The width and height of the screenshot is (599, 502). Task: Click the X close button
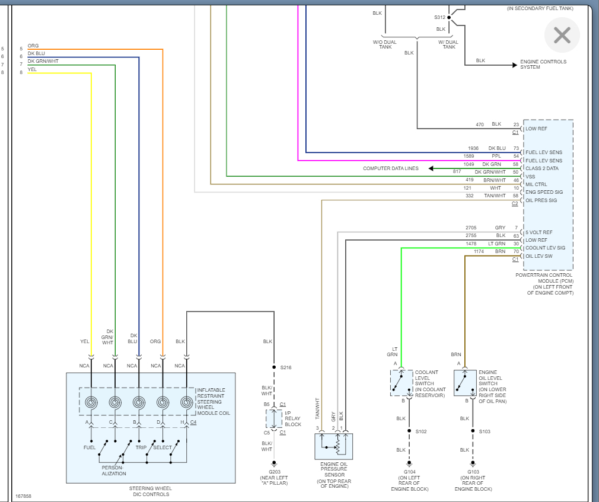point(562,35)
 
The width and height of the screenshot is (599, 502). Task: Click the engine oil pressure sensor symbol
point(333,446)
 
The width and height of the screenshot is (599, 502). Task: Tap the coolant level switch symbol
point(402,383)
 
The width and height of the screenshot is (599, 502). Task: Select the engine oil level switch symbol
point(465,383)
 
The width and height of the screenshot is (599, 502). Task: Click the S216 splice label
point(286,367)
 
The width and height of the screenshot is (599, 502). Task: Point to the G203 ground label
point(274,472)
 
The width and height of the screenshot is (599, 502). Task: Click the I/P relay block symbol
point(274,418)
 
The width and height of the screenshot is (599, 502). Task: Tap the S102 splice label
point(421,431)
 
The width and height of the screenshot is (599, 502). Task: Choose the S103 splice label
point(485,431)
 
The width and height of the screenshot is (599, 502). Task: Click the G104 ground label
point(410,472)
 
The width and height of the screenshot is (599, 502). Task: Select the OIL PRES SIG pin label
point(541,200)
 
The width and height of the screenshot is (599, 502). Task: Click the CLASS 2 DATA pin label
point(541,168)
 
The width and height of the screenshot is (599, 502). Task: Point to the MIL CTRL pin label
point(536,184)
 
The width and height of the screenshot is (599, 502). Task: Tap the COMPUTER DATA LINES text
point(390,168)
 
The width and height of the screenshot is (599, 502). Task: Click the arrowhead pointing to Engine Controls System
point(515,65)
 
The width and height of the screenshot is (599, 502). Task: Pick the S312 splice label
point(439,18)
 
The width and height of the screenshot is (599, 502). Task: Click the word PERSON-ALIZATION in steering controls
point(113,471)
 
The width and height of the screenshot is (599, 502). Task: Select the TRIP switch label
point(141,447)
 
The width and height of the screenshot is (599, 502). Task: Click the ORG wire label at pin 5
point(33,46)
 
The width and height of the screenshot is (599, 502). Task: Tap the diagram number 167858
point(23,496)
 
